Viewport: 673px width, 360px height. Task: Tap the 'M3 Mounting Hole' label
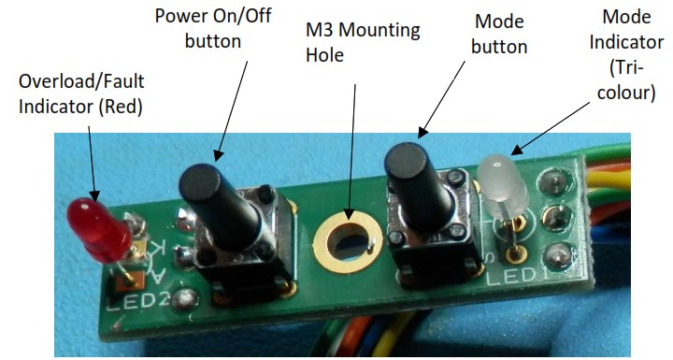(363, 41)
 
